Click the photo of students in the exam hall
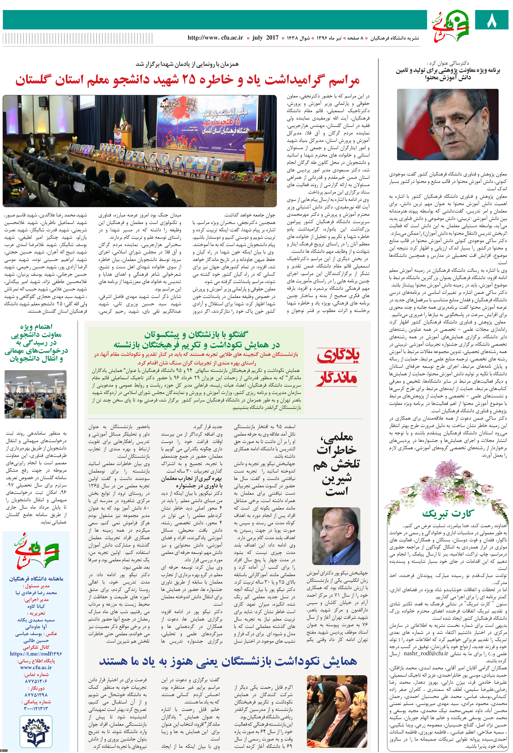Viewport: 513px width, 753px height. pyautogui.click(x=36, y=394)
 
